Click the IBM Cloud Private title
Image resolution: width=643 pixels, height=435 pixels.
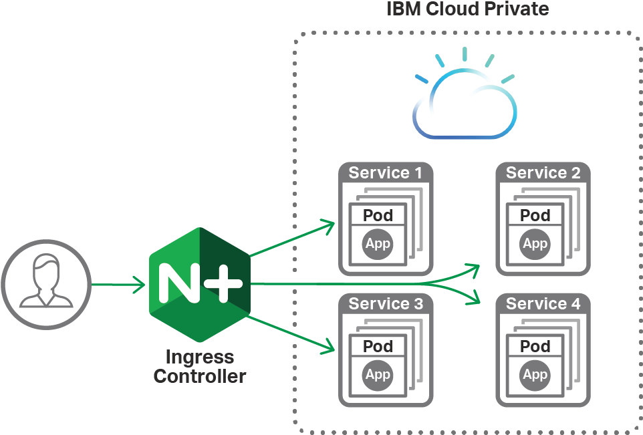[x=468, y=9]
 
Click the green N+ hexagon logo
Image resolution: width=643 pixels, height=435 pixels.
[x=199, y=285]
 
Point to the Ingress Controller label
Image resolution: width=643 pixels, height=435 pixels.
[x=199, y=366]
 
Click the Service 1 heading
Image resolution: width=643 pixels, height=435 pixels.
[x=386, y=173]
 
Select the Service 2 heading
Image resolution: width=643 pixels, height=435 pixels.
[x=543, y=173]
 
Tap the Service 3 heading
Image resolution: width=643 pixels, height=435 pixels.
[x=386, y=304]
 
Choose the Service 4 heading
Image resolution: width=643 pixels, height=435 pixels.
[x=543, y=304]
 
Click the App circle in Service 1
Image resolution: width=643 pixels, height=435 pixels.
[x=378, y=244]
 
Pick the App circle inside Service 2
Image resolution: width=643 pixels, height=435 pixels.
[x=535, y=244]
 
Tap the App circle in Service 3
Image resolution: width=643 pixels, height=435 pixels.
[x=378, y=375]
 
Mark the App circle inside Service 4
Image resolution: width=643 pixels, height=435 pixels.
[x=535, y=375]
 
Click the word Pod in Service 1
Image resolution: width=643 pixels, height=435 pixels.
[x=378, y=215]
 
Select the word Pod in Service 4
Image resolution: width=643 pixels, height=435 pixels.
[x=535, y=346]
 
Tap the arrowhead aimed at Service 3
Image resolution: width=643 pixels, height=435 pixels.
[x=328, y=347]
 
